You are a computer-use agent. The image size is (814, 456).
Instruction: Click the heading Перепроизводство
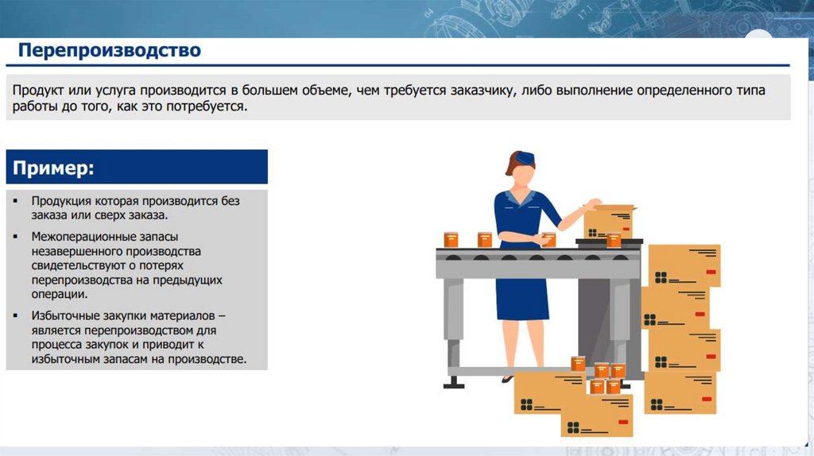109,50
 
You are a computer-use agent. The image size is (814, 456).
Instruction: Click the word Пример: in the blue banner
53,168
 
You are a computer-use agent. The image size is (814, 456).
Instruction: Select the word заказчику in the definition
483,91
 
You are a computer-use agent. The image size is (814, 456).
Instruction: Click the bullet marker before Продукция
16,201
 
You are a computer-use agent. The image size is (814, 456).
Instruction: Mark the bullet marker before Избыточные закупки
16,315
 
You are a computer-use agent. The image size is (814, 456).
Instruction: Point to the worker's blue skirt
522,297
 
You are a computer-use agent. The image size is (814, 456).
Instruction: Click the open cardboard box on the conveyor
608,222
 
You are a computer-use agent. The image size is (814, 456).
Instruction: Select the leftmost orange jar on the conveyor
451,239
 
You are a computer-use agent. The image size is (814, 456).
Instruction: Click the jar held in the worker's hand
548,240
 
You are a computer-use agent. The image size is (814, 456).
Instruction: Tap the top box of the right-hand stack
684,265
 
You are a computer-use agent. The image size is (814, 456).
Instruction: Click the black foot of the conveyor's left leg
454,385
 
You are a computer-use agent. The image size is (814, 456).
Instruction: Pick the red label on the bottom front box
623,423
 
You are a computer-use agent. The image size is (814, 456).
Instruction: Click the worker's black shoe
508,379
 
